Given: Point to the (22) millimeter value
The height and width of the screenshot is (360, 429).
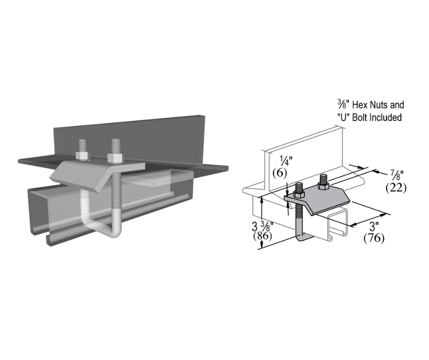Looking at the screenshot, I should (396, 187).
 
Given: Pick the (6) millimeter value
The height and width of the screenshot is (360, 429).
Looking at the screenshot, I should (279, 173).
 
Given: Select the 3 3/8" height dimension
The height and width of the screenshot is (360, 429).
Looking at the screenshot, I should (262, 226).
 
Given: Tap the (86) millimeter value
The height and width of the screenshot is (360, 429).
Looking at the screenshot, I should (262, 236).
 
